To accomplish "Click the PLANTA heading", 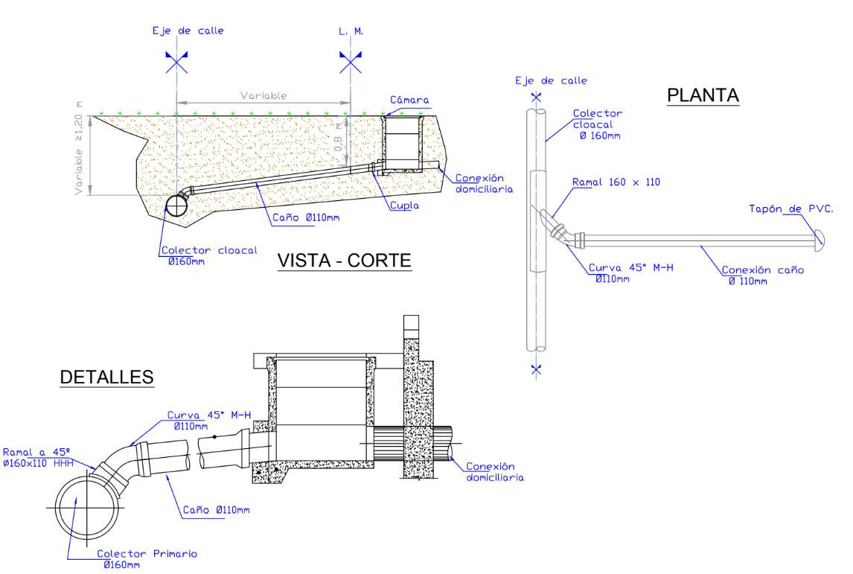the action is click(703, 95).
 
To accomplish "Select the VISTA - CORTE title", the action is click(345, 261).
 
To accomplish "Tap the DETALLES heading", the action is click(106, 377).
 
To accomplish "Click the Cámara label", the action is click(409, 100).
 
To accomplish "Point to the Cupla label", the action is click(405, 205).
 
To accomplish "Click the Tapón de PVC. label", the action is click(791, 209).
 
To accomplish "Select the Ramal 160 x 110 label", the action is click(616, 182).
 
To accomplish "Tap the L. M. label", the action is click(351, 31).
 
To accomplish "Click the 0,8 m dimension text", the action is click(339, 137).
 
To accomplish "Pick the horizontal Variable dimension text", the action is click(263, 96).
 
